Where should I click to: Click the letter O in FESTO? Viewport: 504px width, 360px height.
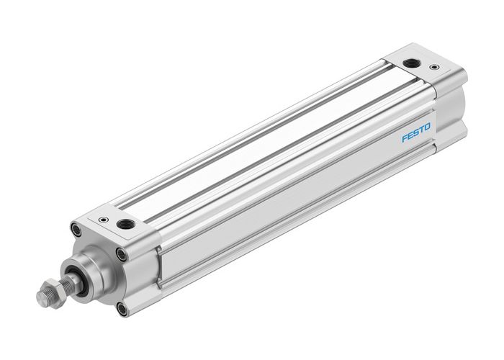coord(428,127)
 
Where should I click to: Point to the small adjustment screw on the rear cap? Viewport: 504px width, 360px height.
coord(434,66)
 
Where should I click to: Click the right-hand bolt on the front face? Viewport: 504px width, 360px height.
coord(123,256)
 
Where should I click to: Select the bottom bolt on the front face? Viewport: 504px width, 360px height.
coord(121,309)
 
